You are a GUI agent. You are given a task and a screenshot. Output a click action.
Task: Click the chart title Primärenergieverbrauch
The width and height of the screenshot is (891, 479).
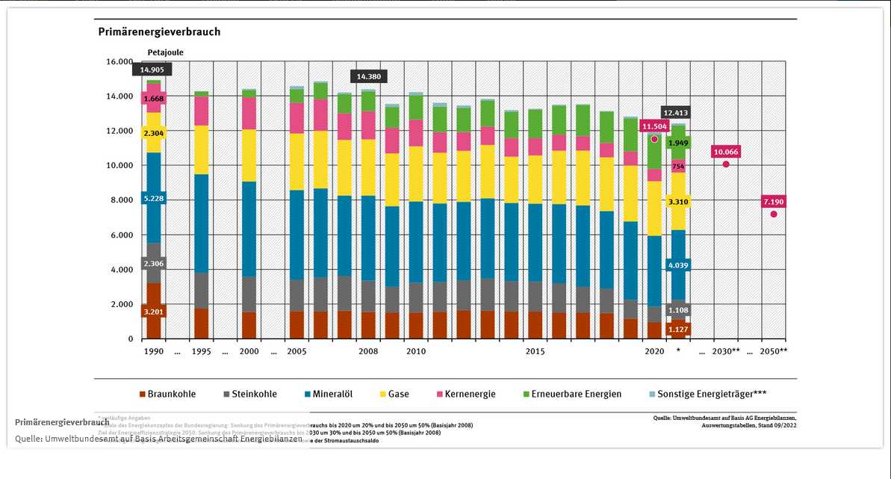(159, 32)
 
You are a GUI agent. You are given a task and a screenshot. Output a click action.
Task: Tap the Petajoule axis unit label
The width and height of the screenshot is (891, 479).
(165, 52)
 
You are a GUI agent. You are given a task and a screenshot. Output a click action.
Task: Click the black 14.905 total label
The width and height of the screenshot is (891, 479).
(152, 69)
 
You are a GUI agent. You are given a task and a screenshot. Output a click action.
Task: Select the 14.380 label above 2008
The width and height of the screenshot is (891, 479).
(368, 76)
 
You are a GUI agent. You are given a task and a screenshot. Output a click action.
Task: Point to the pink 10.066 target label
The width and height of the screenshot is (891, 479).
(725, 152)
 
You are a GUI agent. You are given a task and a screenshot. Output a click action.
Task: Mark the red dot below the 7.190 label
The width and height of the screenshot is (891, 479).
(774, 214)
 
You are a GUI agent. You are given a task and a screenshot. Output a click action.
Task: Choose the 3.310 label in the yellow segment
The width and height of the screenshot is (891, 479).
(678, 202)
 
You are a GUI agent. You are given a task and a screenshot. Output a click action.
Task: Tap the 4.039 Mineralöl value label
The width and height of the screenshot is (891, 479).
(678, 265)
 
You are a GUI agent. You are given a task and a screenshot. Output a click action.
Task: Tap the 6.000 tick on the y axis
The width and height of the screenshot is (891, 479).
(120, 235)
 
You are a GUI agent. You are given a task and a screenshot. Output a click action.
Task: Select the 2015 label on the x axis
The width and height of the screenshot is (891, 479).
(535, 351)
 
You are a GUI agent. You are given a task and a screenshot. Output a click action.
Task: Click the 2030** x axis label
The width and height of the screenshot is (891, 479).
(726, 351)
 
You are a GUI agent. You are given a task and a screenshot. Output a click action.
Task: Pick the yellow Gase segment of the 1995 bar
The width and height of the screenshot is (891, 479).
(201, 149)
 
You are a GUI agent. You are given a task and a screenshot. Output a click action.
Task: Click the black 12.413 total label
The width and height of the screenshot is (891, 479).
(675, 112)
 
